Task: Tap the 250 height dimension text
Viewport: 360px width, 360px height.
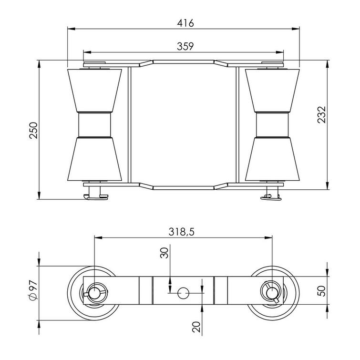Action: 33,130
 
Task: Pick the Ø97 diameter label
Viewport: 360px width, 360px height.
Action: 33,289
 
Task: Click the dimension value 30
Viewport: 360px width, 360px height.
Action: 165,253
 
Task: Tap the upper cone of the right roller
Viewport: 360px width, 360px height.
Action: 272,91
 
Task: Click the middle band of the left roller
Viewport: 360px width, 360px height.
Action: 94,125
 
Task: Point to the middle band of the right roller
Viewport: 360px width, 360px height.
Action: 272,125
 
